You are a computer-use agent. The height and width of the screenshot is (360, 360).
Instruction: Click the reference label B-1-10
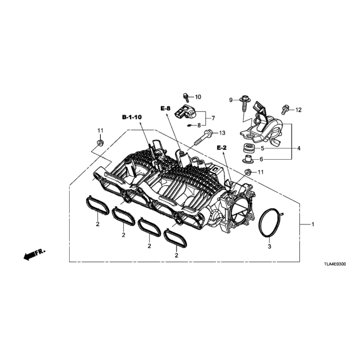point(132,118)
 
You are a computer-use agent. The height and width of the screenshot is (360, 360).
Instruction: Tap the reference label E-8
point(165,109)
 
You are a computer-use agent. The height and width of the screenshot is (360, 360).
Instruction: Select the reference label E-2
point(222,148)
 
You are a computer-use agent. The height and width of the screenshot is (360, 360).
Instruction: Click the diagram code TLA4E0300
point(335,264)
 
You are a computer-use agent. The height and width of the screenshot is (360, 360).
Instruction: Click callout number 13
point(222,133)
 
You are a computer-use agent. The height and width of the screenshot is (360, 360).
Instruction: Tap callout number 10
point(197,97)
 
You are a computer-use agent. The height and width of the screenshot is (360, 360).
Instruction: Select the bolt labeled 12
point(285,110)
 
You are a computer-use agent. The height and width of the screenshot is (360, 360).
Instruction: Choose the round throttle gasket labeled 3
point(271,222)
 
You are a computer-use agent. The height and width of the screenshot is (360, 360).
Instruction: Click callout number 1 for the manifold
point(313,224)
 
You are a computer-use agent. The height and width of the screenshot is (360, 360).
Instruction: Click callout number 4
point(299,148)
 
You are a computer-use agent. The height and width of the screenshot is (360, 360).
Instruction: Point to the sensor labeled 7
point(186,111)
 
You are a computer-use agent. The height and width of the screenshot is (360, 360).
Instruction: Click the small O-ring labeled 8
point(190,125)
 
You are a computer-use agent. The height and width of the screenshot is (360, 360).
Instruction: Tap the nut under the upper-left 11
point(100,143)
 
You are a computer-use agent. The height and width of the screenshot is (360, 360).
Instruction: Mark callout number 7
point(213,118)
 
